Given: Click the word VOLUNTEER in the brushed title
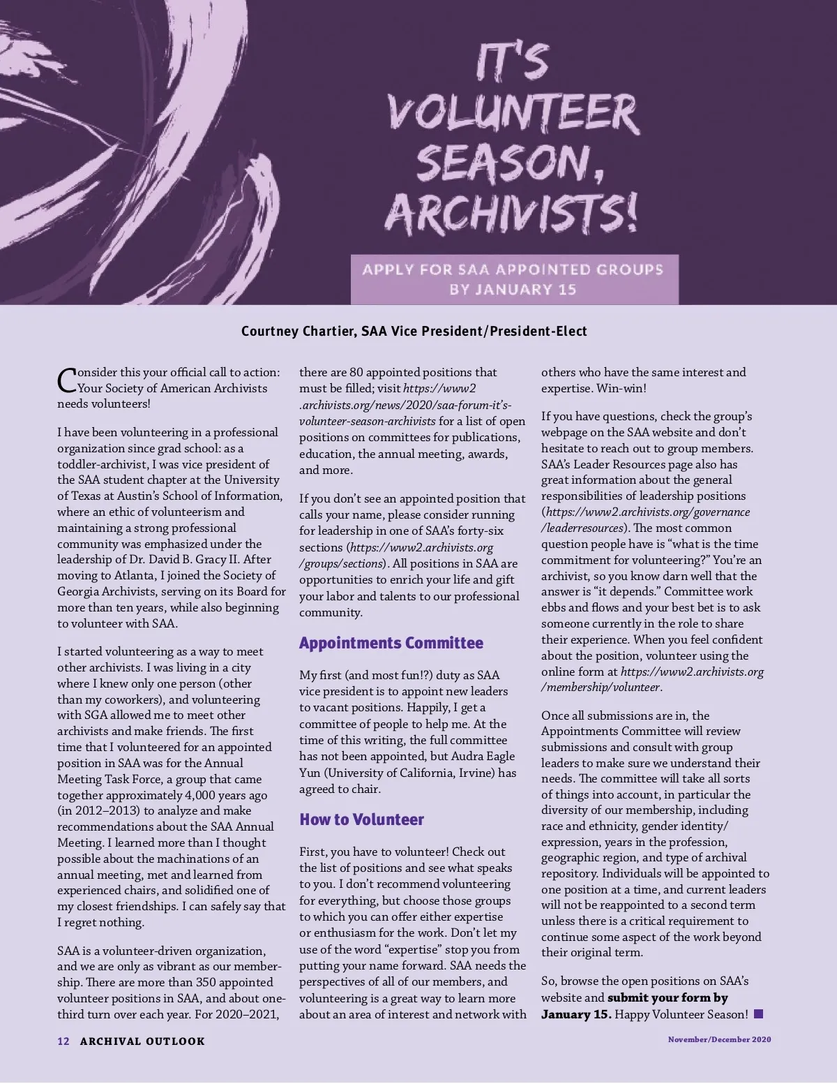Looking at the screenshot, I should coord(513,114).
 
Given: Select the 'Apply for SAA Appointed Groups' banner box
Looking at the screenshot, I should coord(514,279).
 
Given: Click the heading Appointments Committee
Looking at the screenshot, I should coord(391,643).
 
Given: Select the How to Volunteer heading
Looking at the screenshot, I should coord(361,819).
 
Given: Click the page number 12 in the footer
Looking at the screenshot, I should coord(63,1041).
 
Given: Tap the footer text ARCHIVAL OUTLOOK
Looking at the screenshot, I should coord(142,1041).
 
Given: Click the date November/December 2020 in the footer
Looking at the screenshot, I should coord(719,1040).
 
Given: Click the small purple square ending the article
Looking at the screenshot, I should coord(759,1014).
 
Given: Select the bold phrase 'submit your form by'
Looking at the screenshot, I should coord(668,998).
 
